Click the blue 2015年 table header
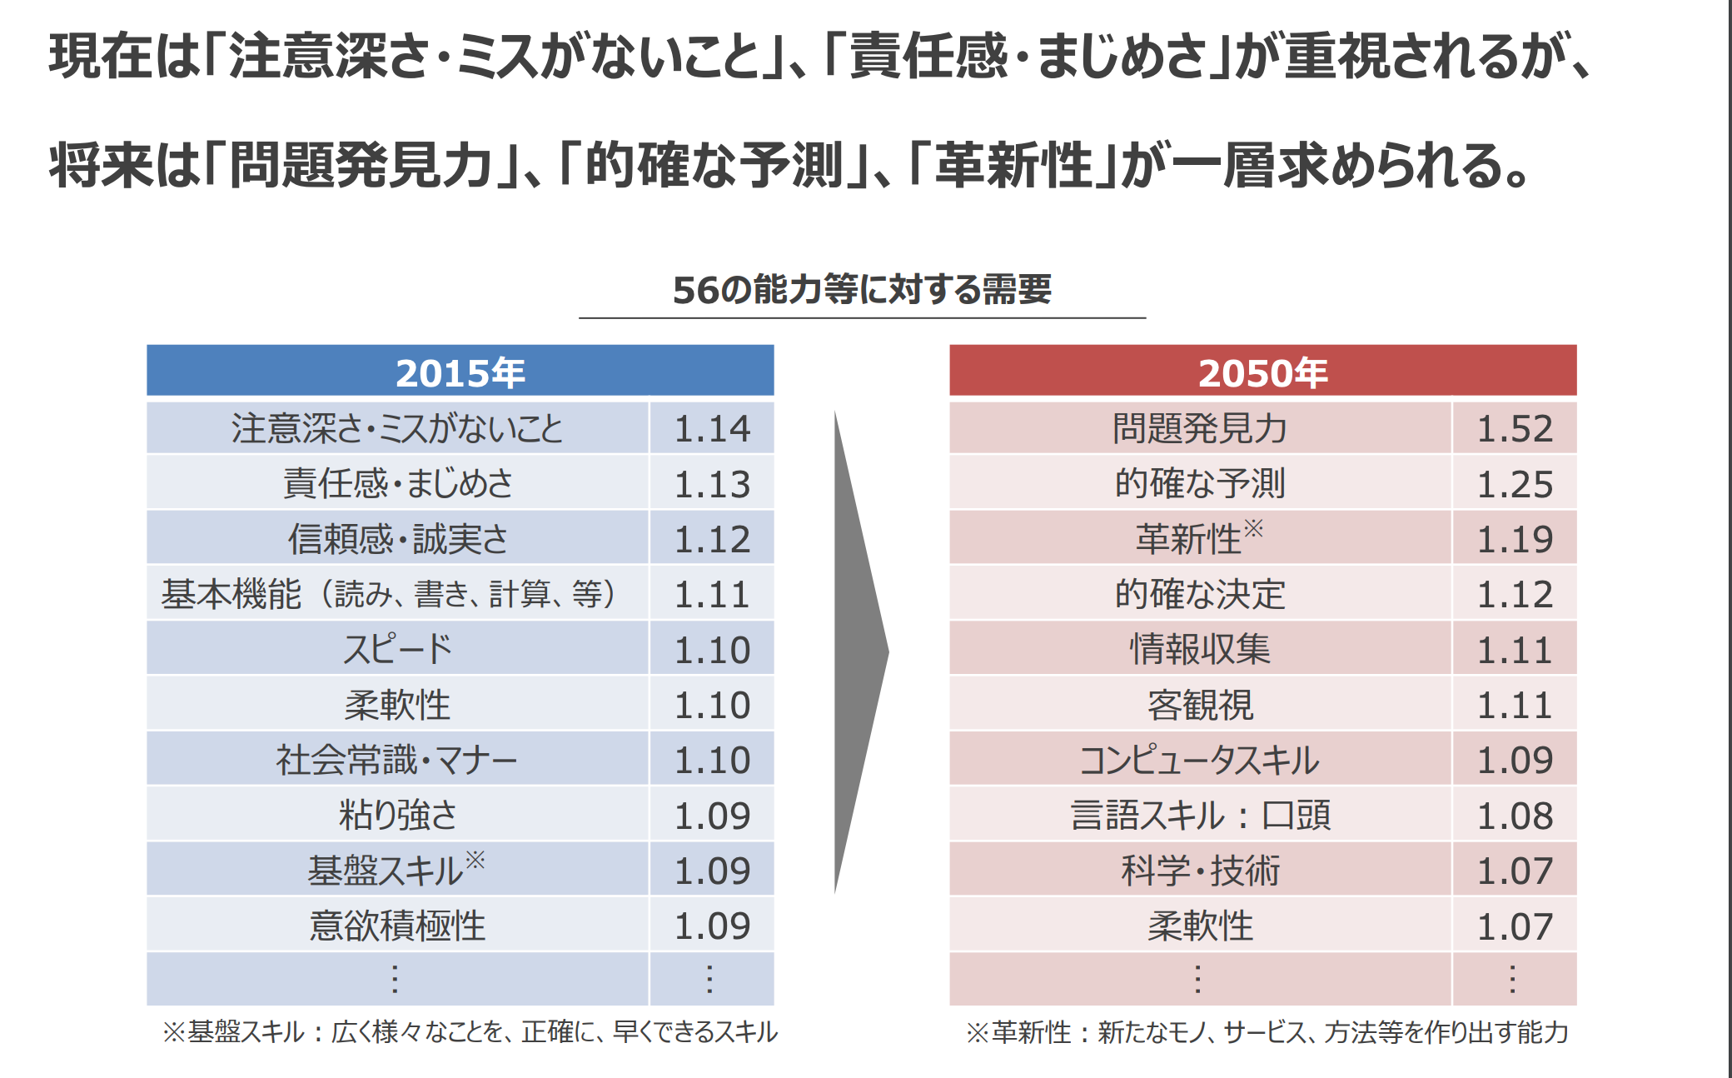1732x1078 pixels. pos(460,372)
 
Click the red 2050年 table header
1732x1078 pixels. pos(1262,372)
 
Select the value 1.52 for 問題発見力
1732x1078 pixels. pos(1514,428)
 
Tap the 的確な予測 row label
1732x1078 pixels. pos(1200,483)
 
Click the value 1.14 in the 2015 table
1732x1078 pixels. pos(712,428)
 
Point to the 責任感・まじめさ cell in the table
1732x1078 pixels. pos(397,483)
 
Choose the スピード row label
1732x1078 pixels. pos(397,649)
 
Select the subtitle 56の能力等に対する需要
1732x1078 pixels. pos(862,290)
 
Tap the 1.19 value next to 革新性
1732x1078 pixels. pos(1514,539)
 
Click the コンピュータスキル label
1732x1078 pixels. pos(1200,760)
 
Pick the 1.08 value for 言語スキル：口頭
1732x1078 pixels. pos(1514,816)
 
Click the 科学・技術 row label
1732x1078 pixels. pos(1200,871)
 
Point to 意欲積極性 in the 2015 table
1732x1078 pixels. pos(397,926)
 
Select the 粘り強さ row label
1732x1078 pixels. pos(397,816)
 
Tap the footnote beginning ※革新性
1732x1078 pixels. pos(1267,1032)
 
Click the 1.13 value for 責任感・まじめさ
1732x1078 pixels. pos(712,483)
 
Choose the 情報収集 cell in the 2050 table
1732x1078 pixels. pos(1200,649)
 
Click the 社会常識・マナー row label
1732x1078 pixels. pos(397,760)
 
